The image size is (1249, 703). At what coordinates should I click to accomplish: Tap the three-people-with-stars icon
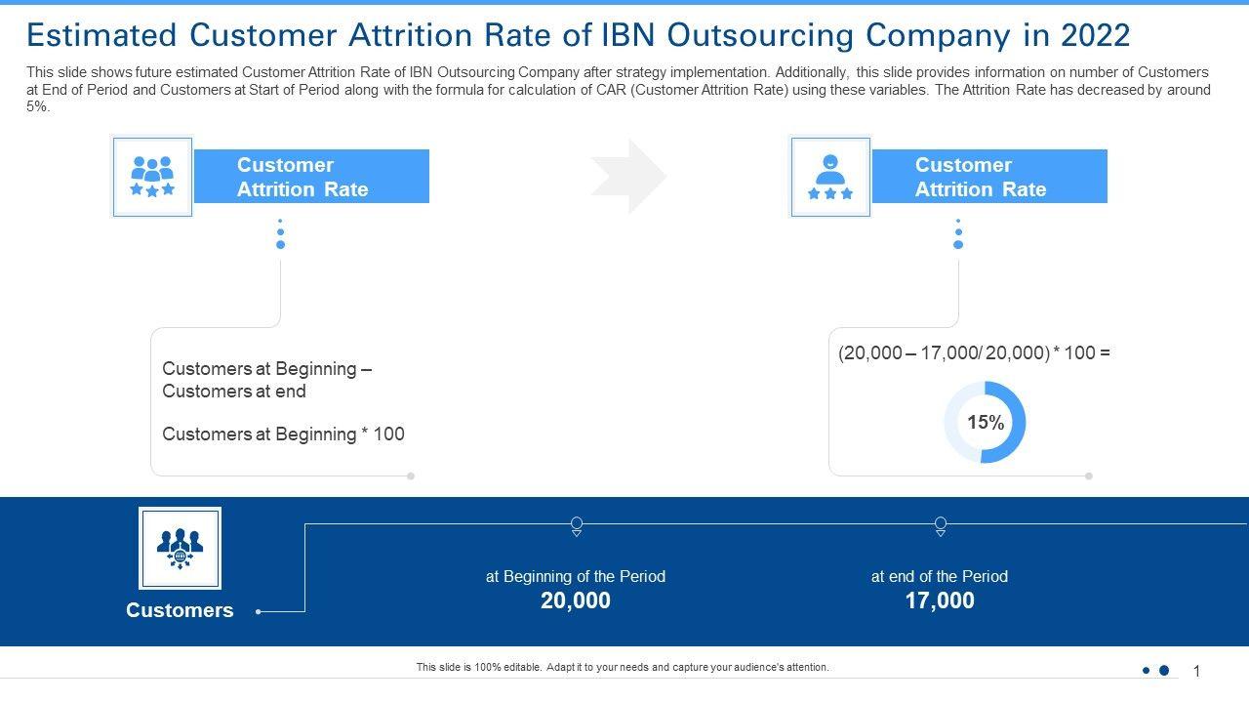(x=152, y=176)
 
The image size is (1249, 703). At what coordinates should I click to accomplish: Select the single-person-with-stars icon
(x=830, y=176)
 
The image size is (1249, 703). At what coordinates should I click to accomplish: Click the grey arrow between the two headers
(x=630, y=176)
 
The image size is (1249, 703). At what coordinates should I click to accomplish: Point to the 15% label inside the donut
(x=986, y=422)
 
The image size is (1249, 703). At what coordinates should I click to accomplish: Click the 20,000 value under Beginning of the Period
(x=576, y=600)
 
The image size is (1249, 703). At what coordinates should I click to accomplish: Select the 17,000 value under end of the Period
(x=940, y=600)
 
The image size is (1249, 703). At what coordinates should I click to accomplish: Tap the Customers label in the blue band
(x=180, y=610)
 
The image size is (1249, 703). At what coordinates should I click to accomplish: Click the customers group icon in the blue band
(x=180, y=548)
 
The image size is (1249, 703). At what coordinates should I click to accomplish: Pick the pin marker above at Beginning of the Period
(x=577, y=525)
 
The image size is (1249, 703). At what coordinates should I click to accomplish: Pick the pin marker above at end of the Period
(x=941, y=525)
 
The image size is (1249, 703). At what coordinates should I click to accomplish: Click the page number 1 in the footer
(x=1196, y=671)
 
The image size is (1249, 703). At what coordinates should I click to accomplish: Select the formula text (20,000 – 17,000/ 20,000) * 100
(x=974, y=352)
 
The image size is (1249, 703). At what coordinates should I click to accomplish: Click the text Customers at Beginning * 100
(x=283, y=434)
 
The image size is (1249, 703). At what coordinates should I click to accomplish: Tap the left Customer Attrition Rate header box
(x=311, y=177)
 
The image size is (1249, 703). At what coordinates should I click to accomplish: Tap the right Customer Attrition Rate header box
(x=988, y=177)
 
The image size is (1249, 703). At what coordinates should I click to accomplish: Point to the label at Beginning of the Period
(x=576, y=576)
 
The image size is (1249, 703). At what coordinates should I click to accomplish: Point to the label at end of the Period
(x=940, y=576)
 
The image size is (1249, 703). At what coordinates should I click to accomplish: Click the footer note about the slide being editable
(x=623, y=668)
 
